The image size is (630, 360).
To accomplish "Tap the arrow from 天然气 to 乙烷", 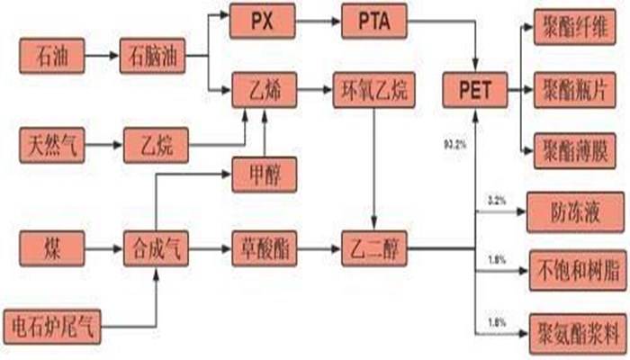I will (101, 141).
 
